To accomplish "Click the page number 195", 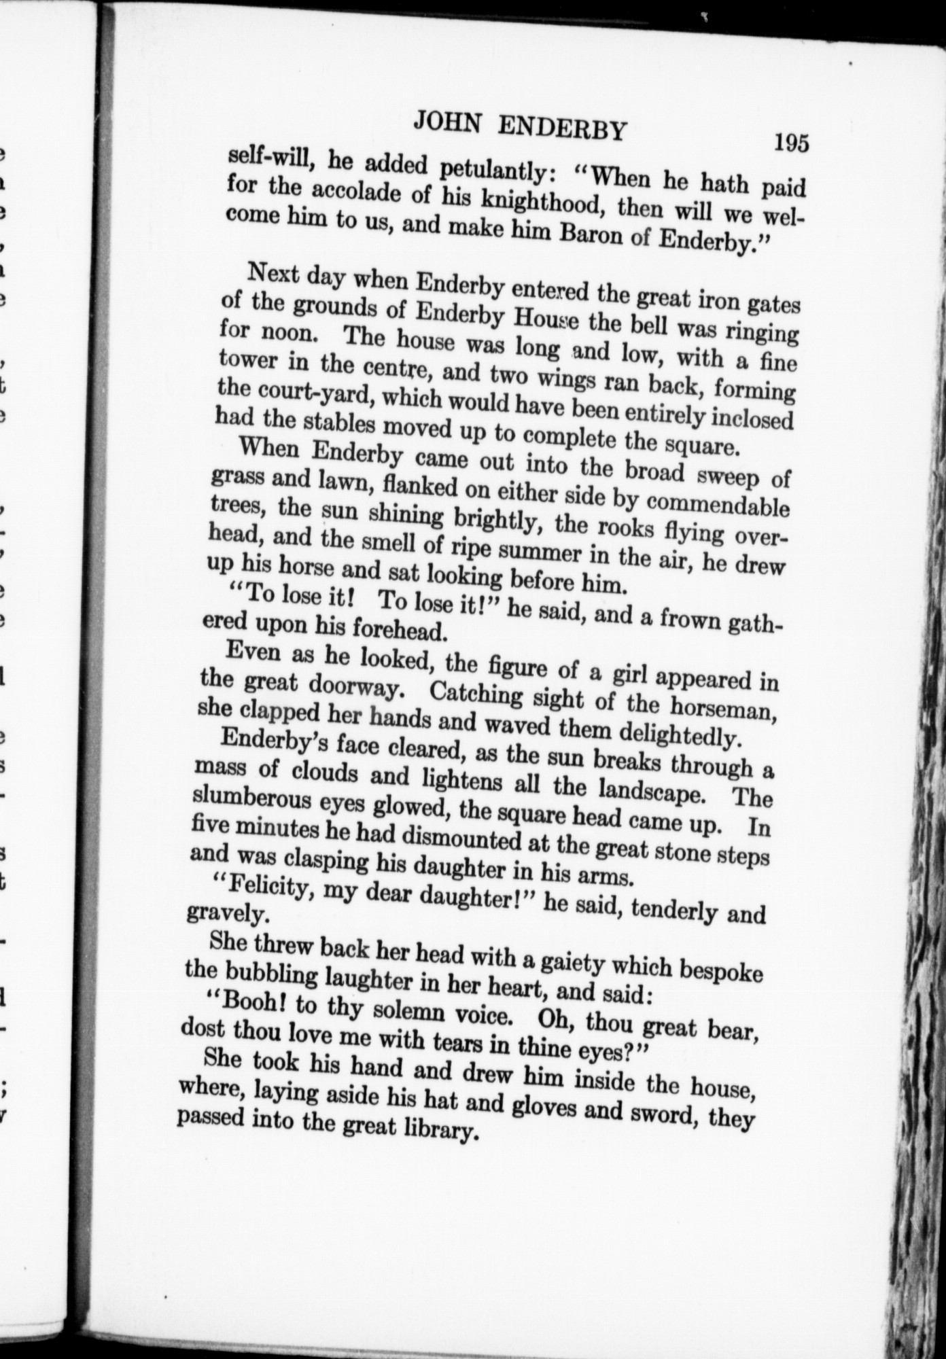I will [x=790, y=144].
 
